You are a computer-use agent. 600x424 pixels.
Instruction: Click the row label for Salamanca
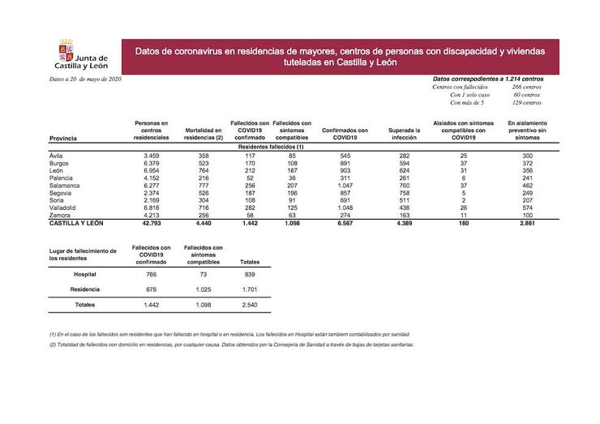[65, 186]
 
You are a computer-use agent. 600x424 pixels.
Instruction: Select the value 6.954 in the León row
[150, 170]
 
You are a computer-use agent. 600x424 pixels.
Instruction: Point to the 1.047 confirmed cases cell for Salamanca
[345, 186]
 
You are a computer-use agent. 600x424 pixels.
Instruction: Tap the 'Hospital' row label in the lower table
[85, 275]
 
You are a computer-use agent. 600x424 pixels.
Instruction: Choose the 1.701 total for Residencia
[251, 289]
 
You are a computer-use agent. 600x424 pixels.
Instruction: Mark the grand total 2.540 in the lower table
[251, 305]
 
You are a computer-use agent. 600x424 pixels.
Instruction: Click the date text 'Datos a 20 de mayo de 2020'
[86, 79]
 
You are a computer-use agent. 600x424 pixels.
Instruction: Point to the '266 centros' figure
[524, 87]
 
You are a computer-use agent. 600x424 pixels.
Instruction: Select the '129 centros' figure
[524, 103]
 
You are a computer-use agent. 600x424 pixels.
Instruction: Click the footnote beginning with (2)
[231, 345]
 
